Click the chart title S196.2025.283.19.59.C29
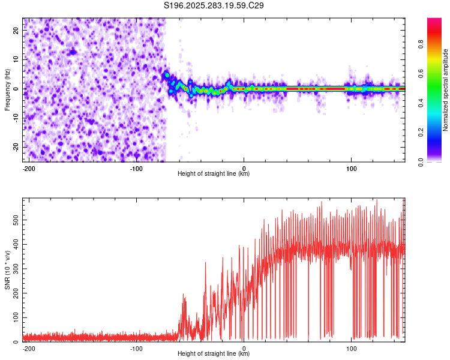tap(214, 6)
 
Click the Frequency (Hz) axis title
tap(7, 90)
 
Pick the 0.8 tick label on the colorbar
tap(438, 43)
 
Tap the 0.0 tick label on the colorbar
tap(438, 161)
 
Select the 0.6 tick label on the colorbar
tap(438, 73)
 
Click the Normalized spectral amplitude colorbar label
tap(446, 90)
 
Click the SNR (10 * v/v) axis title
tap(7, 270)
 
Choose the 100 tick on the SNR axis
tap(14, 317)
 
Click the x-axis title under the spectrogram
tap(214, 174)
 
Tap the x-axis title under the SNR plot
tap(214, 354)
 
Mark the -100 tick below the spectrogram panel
tap(136, 168)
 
